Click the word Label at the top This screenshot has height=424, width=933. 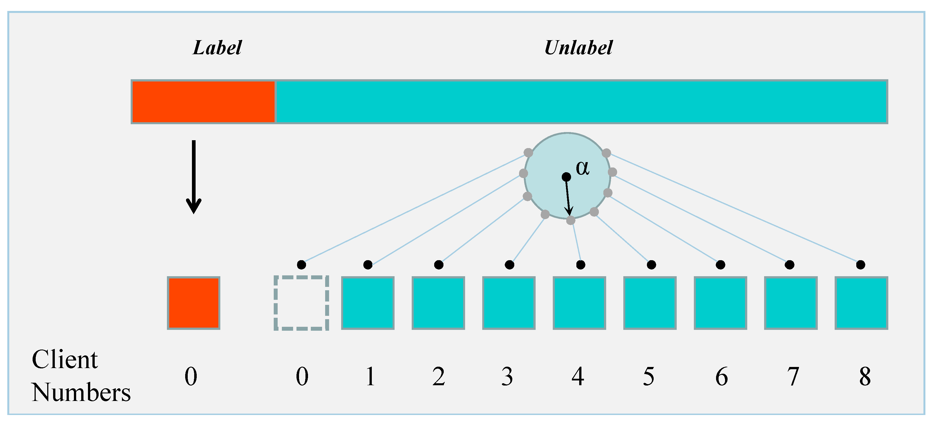coord(217,48)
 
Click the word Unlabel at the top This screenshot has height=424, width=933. coord(578,48)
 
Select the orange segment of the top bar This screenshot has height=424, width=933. coord(203,102)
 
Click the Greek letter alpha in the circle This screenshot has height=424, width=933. coord(582,168)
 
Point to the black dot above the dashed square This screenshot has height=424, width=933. coord(301,265)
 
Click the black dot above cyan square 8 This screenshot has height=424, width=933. coord(860,265)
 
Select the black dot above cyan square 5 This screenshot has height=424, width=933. coord(651,265)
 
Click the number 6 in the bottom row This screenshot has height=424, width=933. coord(721,377)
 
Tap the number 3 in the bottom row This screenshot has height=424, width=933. coord(507,377)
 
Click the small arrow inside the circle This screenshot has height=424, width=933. coord(568,197)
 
